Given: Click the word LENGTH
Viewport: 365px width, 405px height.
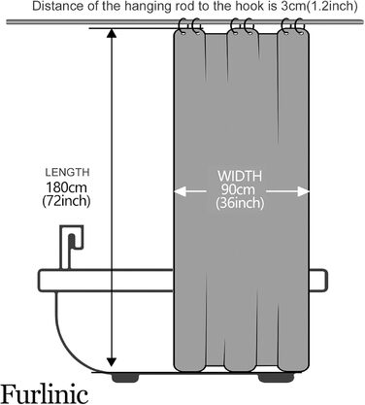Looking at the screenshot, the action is click(67, 172).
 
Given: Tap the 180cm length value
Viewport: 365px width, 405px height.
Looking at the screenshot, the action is click(66, 187).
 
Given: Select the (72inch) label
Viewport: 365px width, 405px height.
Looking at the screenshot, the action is click(66, 201).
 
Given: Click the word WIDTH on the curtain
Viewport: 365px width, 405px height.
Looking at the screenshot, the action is click(240, 177).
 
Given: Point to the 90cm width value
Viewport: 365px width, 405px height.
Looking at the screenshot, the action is click(239, 189).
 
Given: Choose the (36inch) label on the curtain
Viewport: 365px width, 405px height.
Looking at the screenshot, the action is click(240, 203).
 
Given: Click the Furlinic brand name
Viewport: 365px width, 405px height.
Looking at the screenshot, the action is click(45, 393).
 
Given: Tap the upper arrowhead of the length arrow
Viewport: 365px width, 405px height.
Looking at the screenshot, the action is click(112, 33).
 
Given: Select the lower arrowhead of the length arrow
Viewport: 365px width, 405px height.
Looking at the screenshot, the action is click(112, 362).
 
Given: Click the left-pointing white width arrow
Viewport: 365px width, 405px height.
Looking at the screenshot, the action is click(189, 191).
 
